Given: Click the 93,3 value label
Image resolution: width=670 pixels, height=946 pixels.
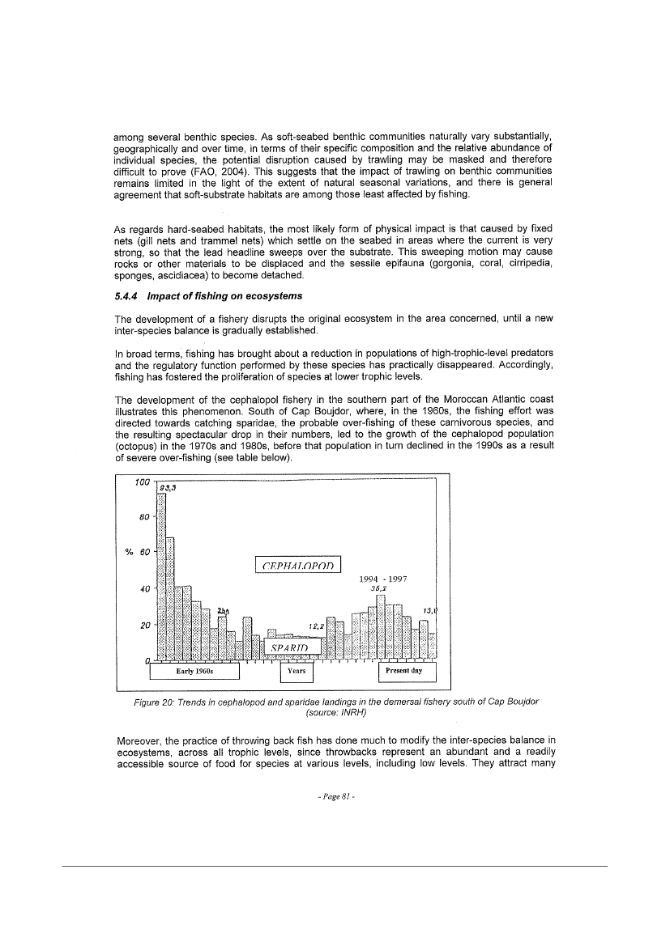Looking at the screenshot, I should (168, 488).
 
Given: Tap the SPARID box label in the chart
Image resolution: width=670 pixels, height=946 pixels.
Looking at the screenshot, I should (287, 647).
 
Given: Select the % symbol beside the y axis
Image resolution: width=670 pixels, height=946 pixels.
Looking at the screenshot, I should (127, 553).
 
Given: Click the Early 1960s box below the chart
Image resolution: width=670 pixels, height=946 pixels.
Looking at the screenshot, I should (198, 672).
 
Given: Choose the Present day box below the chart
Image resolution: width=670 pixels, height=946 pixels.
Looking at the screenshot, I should (408, 672).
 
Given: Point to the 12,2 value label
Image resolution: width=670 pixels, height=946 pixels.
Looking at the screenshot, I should (317, 626).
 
